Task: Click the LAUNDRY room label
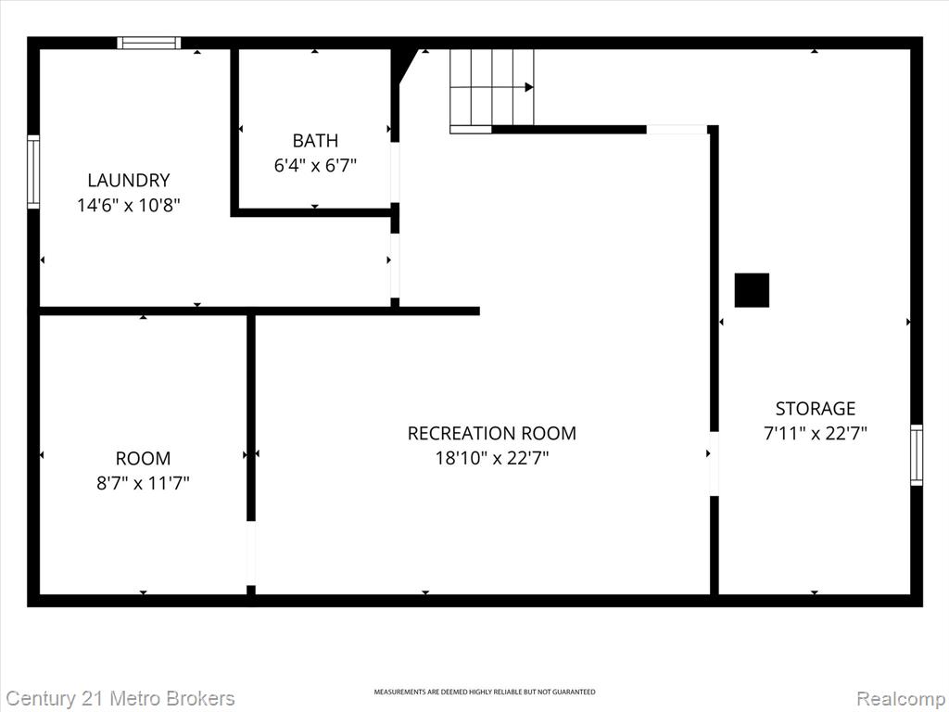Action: coord(128,181)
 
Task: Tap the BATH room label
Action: coord(315,141)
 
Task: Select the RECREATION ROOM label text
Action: coord(491,433)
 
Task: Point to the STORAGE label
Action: coord(816,409)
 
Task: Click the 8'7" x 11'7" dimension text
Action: coord(143,483)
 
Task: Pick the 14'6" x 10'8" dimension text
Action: coord(128,205)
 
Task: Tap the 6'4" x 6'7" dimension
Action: coord(315,165)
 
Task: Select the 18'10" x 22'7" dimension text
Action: coord(491,458)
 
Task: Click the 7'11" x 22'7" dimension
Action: coord(816,434)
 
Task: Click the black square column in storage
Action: coord(752,290)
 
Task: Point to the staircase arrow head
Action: coord(529,87)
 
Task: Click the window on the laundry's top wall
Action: coord(149,43)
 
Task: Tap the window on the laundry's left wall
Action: coord(33,172)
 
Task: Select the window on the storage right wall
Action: coord(917,454)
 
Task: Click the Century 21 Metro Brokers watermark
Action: coord(120,698)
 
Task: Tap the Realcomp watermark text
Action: coord(902,698)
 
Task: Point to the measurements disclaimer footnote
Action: coord(484,692)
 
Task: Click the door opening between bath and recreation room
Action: coord(395,172)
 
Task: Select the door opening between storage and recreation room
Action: coord(714,464)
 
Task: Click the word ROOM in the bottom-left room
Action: coord(143,458)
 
